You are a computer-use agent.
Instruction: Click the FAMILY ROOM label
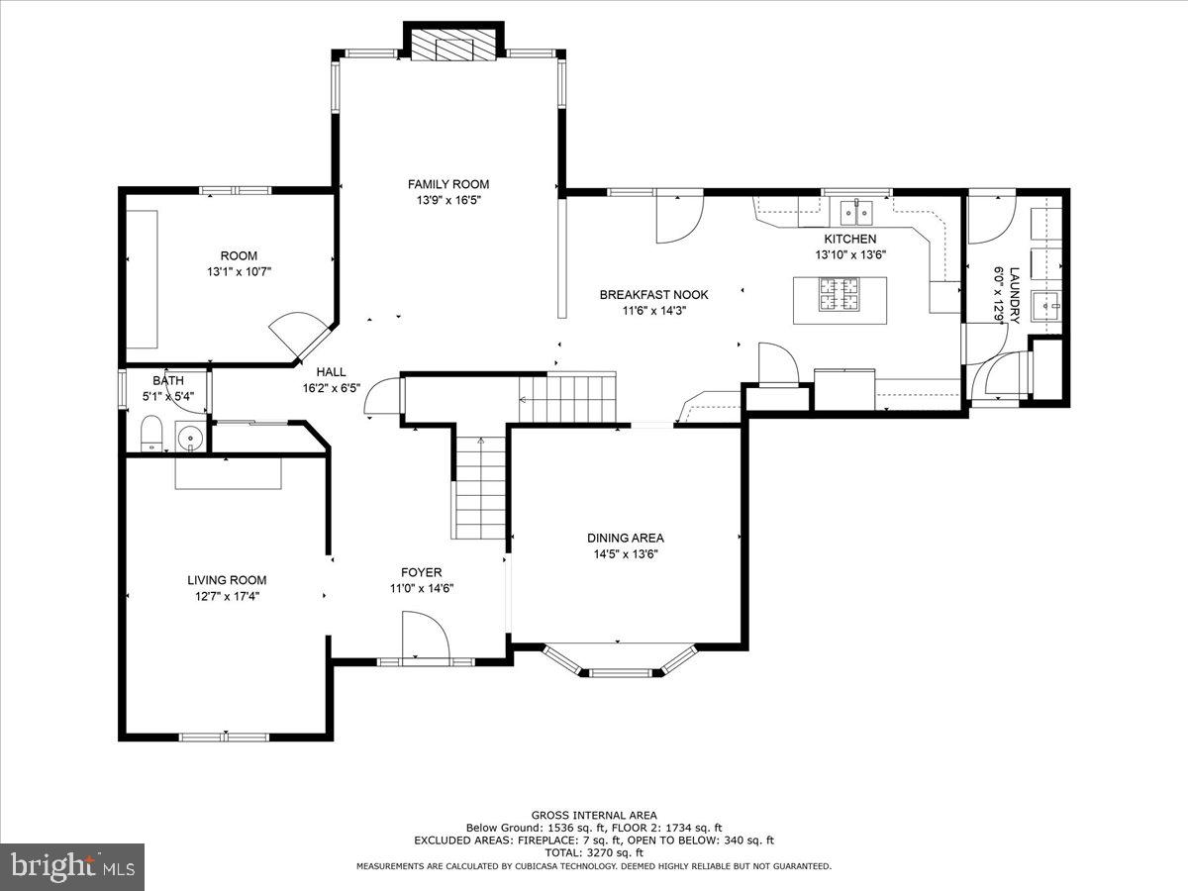(x=448, y=184)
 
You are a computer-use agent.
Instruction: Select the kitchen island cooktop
(x=839, y=294)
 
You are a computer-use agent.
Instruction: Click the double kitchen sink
(x=855, y=212)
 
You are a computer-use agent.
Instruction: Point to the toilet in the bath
(x=151, y=434)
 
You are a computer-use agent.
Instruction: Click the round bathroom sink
(x=190, y=436)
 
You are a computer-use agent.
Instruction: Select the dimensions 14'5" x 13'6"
(x=625, y=554)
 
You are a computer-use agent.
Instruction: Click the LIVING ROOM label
(x=227, y=580)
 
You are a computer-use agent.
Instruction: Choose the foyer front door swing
(x=425, y=636)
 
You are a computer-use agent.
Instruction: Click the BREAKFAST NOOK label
(x=653, y=295)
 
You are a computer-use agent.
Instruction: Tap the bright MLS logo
(x=72, y=866)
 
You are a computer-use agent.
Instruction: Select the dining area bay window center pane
(x=621, y=672)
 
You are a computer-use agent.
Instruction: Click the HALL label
(x=331, y=372)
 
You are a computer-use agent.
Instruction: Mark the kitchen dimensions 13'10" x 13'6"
(x=850, y=254)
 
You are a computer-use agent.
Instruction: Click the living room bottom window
(x=224, y=737)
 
